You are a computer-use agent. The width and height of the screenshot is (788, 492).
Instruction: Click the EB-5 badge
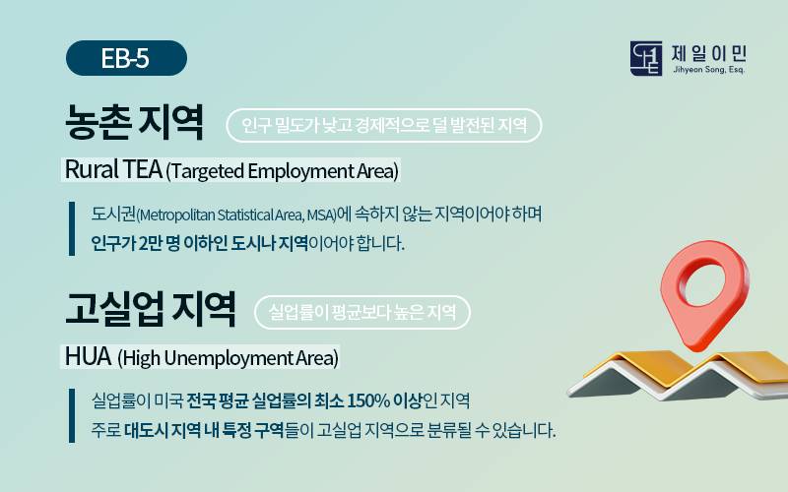126,58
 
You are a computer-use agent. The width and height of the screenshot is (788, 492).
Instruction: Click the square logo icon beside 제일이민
646,58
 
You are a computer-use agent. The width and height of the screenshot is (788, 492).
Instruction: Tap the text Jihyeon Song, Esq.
708,70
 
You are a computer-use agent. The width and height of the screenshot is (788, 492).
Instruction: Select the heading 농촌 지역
135,122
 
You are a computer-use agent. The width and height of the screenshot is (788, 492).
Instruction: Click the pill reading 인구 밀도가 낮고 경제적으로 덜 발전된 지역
384,126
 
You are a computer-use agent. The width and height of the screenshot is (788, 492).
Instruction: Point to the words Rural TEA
113,169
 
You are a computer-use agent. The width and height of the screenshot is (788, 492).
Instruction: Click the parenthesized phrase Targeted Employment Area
282,171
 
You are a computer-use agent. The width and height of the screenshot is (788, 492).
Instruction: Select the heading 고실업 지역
151,309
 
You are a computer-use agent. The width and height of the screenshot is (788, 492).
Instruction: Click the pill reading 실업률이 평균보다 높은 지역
362,312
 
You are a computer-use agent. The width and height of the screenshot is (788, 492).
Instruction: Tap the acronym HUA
88,357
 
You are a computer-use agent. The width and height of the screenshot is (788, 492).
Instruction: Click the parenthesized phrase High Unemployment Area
229,358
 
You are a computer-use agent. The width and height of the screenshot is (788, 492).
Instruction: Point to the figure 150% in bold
368,401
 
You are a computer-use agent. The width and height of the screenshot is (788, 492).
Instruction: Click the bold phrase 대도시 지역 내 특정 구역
204,431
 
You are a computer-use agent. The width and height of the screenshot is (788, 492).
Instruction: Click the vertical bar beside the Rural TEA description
72,229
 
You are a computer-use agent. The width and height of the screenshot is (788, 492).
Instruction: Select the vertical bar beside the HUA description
72,415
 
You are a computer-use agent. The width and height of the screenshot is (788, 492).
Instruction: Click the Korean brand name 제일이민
709,53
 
